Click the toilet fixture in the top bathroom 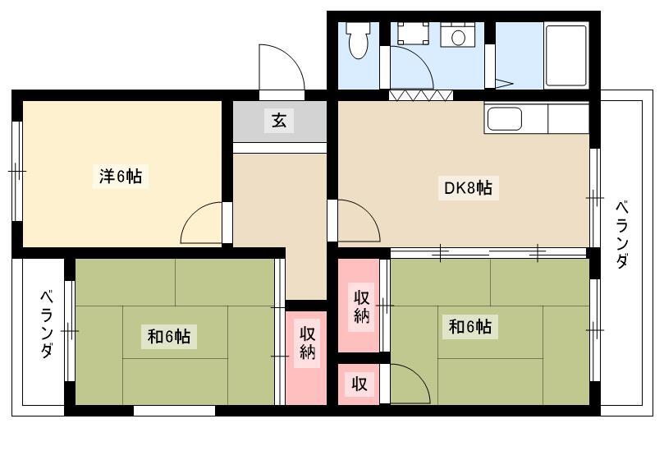click(358, 39)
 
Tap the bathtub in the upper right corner click(566, 56)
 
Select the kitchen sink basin click(504, 118)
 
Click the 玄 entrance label click(279, 121)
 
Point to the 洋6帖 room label click(121, 176)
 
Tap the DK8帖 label click(468, 188)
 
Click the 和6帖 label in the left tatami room click(168, 337)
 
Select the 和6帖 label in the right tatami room click(470, 327)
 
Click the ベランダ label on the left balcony click(47, 324)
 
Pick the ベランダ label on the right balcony click(621, 234)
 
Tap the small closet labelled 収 click(359, 384)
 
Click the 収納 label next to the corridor click(308, 343)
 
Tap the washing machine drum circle click(458, 37)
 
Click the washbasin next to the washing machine click(413, 33)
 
